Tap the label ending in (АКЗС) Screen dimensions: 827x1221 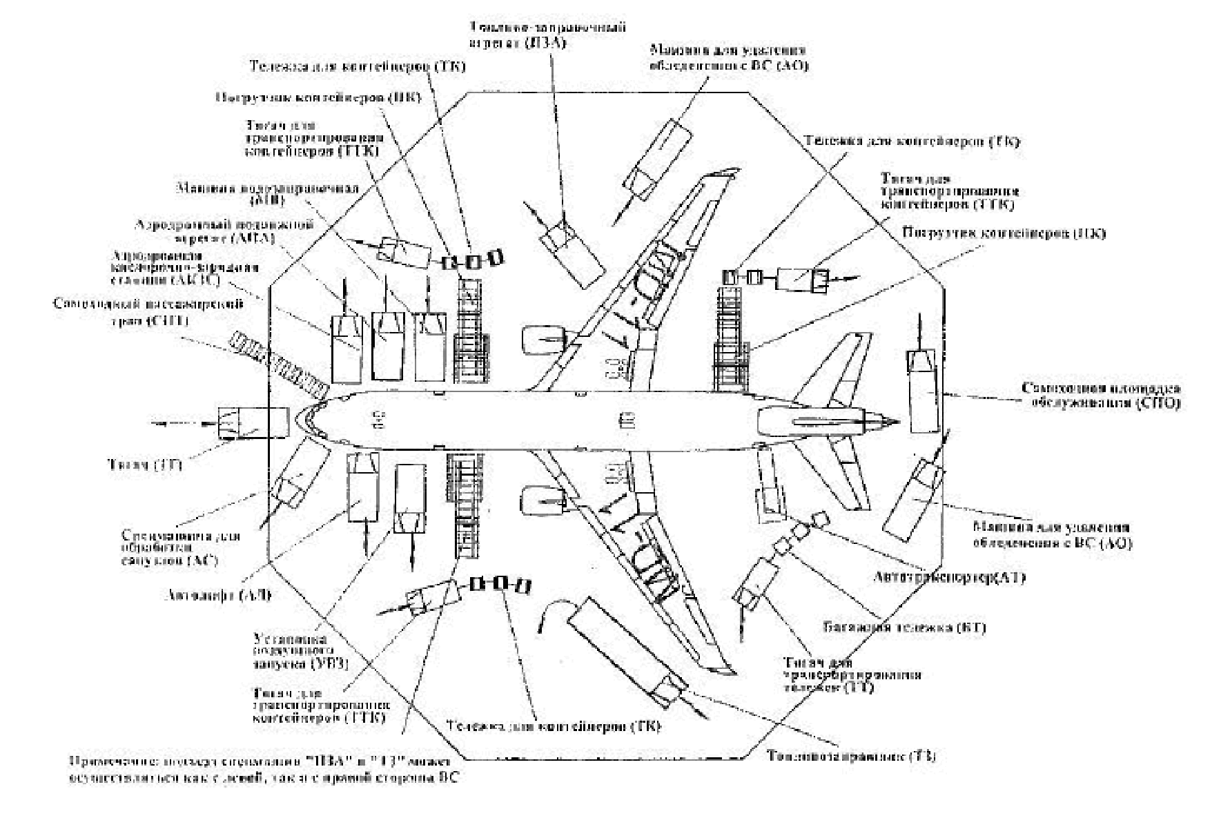click(185, 269)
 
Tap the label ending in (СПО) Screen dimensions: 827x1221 click(1100, 396)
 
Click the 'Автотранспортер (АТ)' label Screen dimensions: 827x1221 click(949, 576)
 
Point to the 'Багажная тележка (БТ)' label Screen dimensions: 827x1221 click(905, 628)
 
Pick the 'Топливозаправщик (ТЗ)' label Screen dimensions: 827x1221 click(851, 756)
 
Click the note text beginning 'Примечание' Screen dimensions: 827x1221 click(263, 769)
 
